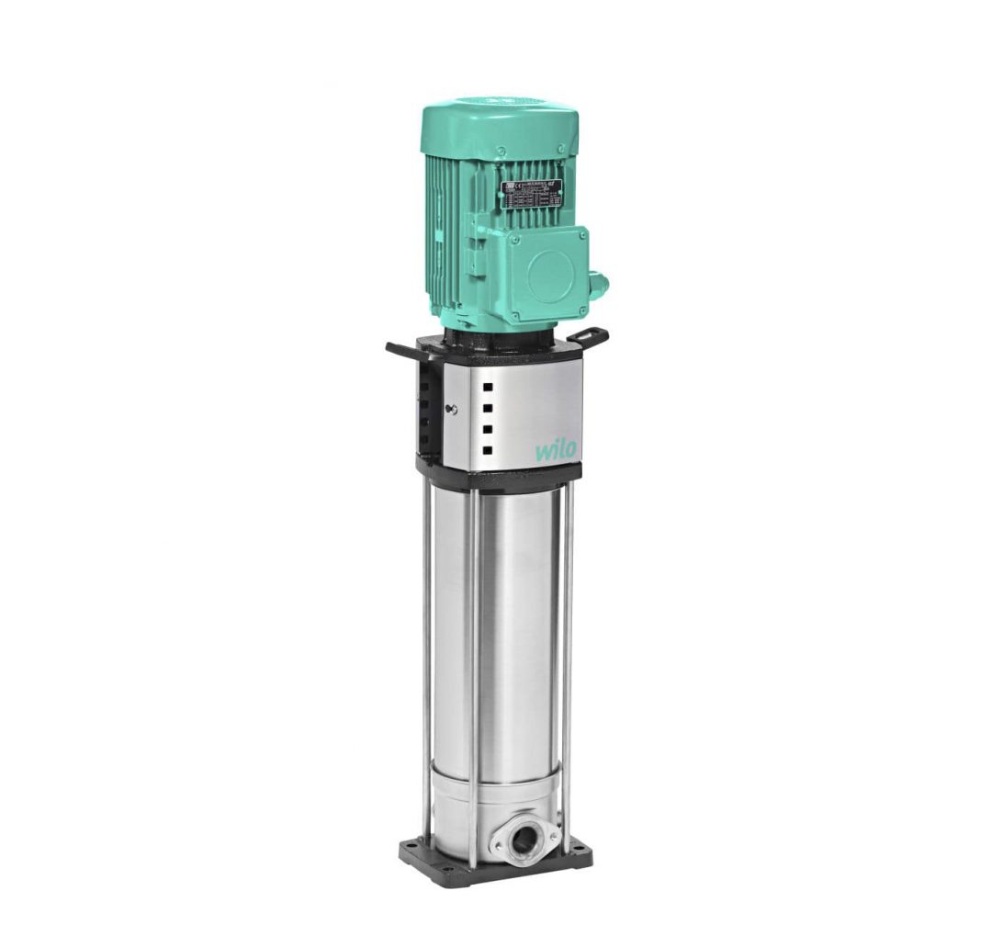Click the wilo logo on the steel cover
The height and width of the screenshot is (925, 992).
click(x=556, y=448)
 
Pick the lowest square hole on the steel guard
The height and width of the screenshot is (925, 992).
click(x=487, y=450)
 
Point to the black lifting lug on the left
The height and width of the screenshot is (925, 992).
click(x=401, y=350)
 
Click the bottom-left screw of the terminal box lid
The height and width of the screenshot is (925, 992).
click(x=516, y=318)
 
